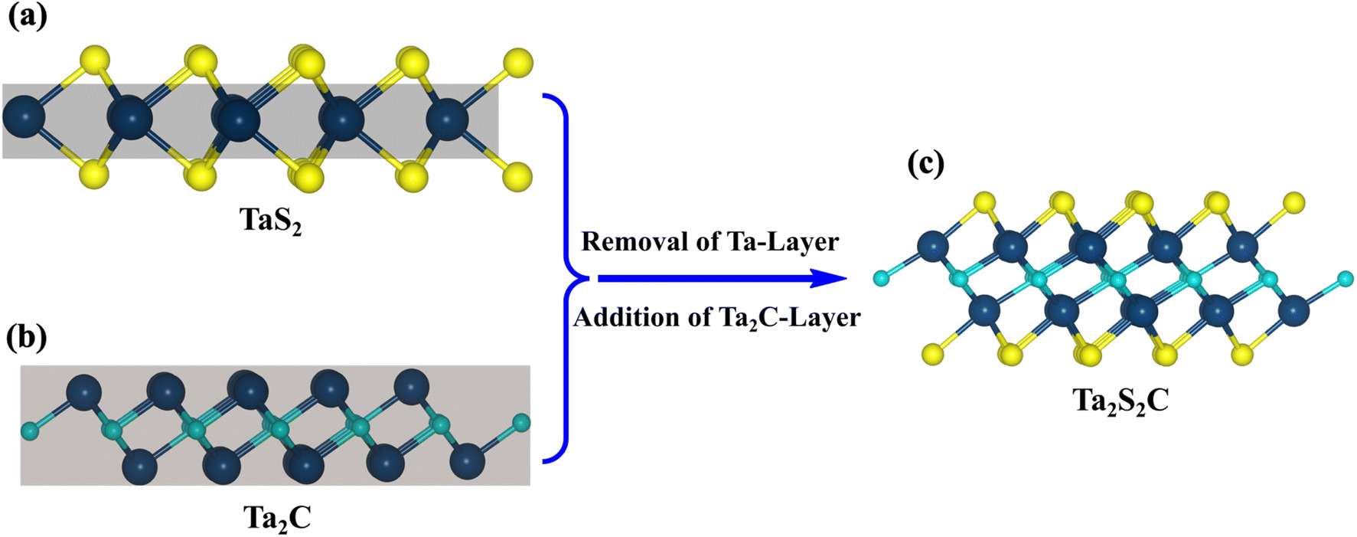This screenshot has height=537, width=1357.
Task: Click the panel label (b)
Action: pos(28,337)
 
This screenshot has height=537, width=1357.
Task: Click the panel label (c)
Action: pos(925,163)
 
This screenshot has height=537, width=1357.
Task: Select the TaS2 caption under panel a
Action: pos(271,221)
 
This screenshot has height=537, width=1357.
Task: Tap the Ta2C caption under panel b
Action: pos(277,519)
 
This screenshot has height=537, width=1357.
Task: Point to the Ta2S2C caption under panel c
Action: pos(1121,401)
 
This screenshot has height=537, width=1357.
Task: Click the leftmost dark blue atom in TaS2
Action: pos(24,118)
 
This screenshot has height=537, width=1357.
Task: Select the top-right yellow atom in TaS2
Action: pos(519,61)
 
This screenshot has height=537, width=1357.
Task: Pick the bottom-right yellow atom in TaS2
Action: pos(518,175)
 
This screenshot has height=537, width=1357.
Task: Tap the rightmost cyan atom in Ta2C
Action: pos(521,421)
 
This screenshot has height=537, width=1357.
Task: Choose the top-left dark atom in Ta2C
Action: pos(83,392)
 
